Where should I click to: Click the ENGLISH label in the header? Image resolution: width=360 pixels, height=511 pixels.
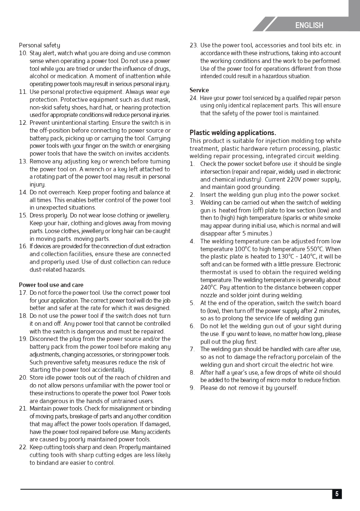tap(309, 25)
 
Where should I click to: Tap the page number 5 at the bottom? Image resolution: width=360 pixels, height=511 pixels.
tap(337, 494)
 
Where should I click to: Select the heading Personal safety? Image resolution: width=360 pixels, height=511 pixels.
tap(39, 45)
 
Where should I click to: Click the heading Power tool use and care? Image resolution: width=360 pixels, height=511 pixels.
tap(51, 285)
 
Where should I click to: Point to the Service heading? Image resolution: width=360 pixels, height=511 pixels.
tap(199, 90)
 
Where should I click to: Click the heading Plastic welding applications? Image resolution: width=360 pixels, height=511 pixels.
tap(232, 133)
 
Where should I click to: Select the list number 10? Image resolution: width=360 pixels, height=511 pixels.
tap(23, 53)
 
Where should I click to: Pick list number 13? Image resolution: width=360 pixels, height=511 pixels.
tap(23, 161)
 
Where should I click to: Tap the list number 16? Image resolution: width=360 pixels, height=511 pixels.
tap(23, 246)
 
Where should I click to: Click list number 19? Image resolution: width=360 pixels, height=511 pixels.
tap(23, 339)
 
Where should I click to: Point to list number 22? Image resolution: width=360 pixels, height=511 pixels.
tap(23, 447)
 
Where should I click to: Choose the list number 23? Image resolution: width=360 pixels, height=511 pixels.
tap(194, 45)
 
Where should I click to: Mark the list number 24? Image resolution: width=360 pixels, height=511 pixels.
tap(193, 98)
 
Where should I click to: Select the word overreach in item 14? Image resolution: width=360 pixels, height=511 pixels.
tap(53, 192)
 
